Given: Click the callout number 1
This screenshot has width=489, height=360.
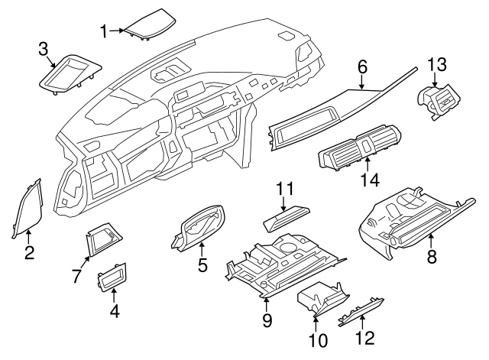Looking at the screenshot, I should pos(104,31).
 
